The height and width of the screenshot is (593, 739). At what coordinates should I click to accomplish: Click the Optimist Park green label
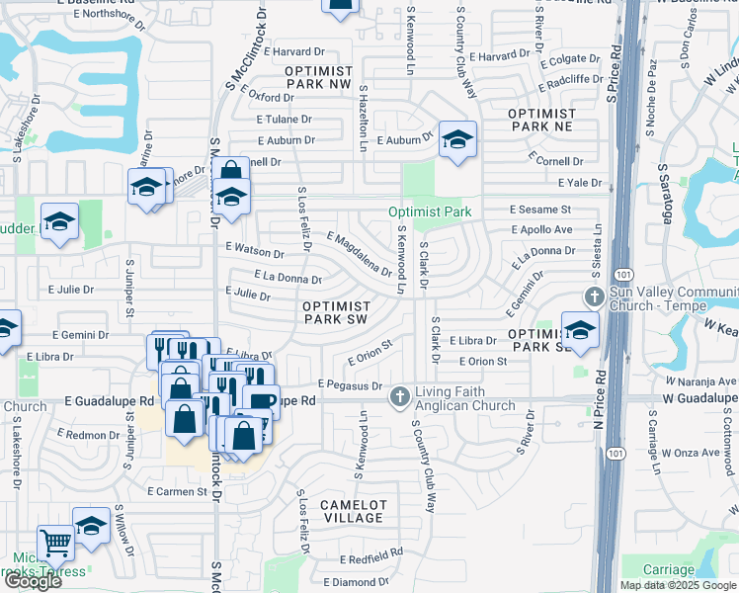[430, 212]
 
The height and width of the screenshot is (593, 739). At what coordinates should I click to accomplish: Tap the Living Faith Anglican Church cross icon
[400, 396]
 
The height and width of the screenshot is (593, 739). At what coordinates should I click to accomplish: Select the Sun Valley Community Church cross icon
[594, 296]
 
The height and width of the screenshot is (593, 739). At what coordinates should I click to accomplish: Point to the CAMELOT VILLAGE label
[353, 511]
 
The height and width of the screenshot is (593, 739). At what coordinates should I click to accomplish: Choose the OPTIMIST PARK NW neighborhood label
[318, 79]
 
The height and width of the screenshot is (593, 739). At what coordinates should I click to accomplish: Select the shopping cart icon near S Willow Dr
[55, 541]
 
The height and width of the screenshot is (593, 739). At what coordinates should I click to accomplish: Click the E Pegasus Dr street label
[349, 383]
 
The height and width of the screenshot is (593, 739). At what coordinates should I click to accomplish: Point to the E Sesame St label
[540, 211]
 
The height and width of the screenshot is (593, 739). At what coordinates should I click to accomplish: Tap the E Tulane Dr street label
[284, 118]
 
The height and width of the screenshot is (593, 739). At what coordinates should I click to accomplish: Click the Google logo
[32, 581]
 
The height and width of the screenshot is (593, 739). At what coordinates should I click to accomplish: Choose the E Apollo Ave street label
[541, 229]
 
